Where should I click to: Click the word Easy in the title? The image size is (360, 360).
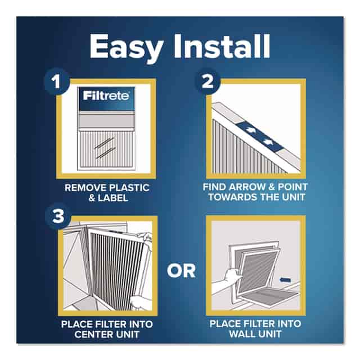126,48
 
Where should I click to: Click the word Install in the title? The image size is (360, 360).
222,46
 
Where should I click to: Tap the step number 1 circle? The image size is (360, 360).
56,81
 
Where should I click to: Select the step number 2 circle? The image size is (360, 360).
208,81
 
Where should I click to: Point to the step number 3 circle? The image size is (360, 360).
58,216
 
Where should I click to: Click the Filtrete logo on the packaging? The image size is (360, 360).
106,96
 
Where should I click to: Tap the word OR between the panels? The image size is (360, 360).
181,271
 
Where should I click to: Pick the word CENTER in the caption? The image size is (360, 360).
94,334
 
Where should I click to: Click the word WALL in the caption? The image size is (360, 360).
244,334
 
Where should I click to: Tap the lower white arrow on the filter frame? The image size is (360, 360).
268,142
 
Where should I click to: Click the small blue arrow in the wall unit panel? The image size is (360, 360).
285,280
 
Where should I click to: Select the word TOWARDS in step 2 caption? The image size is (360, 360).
230,197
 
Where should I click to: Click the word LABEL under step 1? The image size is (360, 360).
112,198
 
